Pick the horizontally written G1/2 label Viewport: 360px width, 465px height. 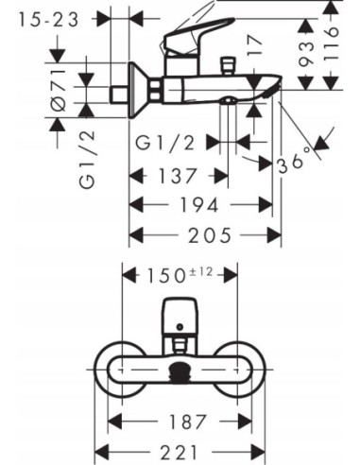coord(168,144)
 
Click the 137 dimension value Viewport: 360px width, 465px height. coord(177,176)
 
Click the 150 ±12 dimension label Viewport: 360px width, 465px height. coord(180,275)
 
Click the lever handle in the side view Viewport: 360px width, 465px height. coord(198,37)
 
